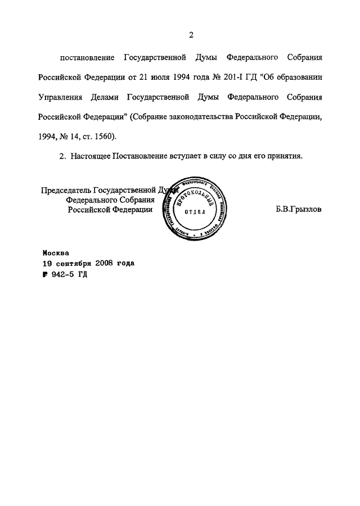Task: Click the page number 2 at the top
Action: point(191,35)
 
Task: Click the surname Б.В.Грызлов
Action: point(299,209)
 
